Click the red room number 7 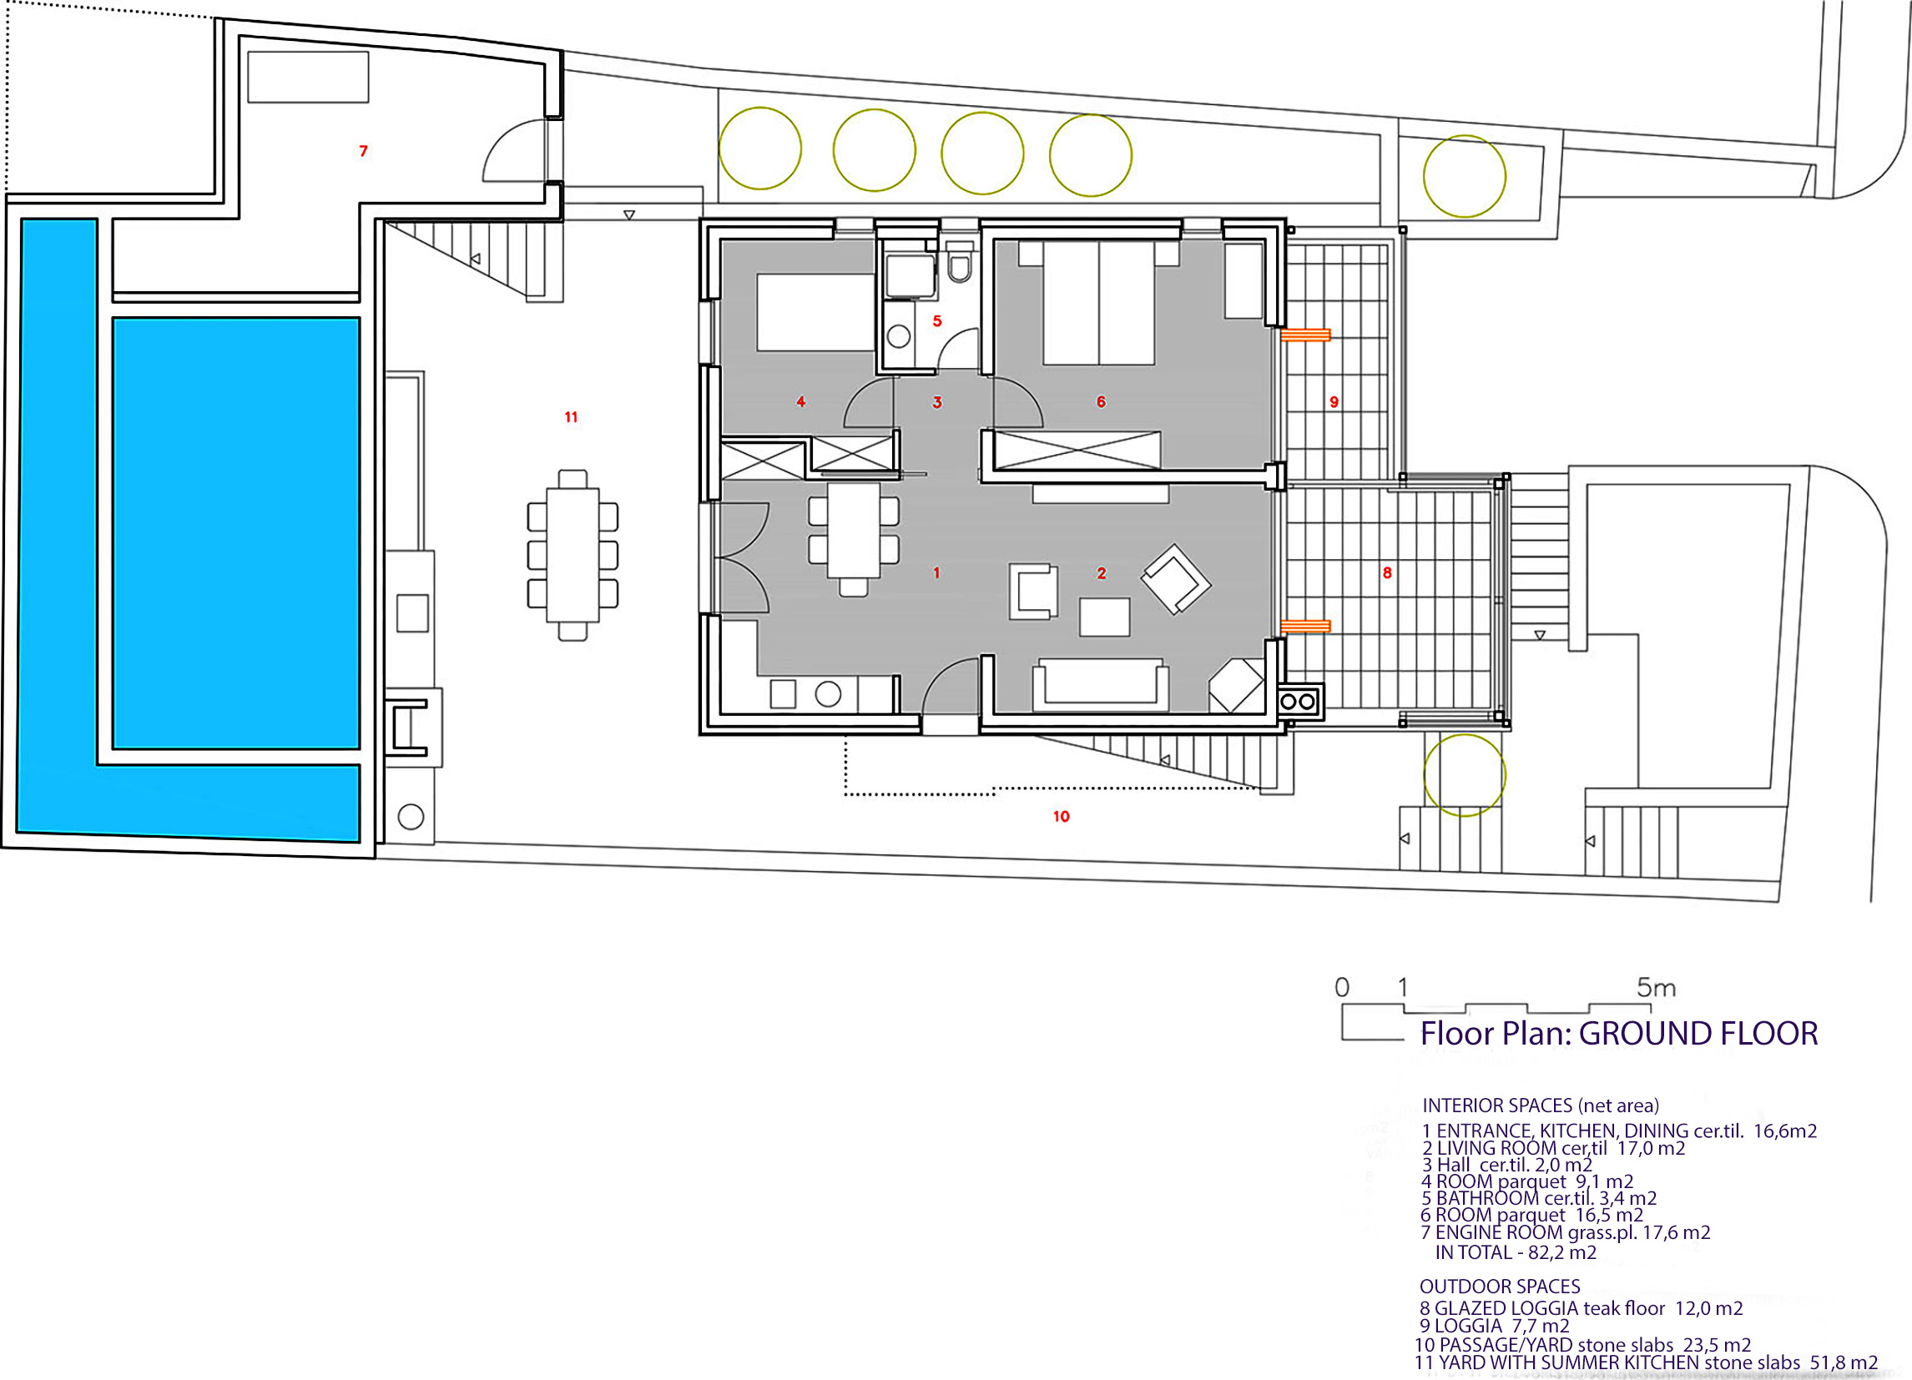pyautogui.click(x=363, y=151)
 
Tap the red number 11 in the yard pyautogui.click(x=571, y=416)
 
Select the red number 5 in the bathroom pyautogui.click(x=936, y=321)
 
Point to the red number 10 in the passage pyautogui.click(x=1062, y=816)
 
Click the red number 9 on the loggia pyautogui.click(x=1334, y=402)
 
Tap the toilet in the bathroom pyautogui.click(x=960, y=262)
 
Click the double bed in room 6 pyautogui.click(x=1098, y=303)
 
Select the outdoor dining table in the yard pyautogui.click(x=573, y=555)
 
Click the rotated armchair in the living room pyautogui.click(x=1176, y=579)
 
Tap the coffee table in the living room pyautogui.click(x=1104, y=617)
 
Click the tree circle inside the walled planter pyautogui.click(x=1465, y=176)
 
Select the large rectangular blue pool pyautogui.click(x=236, y=533)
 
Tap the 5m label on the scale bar pyautogui.click(x=1656, y=987)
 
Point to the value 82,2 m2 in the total pyautogui.click(x=1562, y=1252)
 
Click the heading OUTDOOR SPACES pyautogui.click(x=1500, y=1287)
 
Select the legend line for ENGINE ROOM pyautogui.click(x=1566, y=1232)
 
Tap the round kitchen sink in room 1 pyautogui.click(x=828, y=695)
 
